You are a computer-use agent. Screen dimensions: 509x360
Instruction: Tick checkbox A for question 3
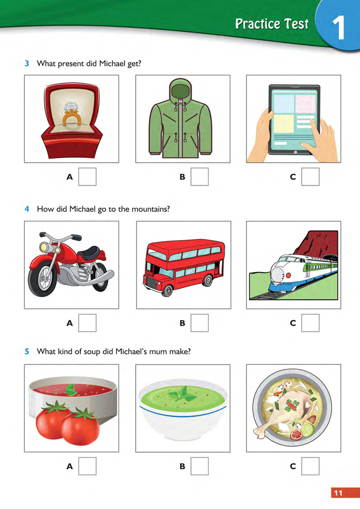click(87, 177)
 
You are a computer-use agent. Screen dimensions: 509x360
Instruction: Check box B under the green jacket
click(199, 177)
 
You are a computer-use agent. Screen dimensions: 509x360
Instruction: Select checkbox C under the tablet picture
click(310, 177)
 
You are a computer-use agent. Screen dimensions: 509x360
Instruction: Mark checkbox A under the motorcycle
click(87, 323)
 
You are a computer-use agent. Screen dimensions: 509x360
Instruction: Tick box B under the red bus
click(199, 323)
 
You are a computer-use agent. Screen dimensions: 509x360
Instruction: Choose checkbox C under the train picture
click(310, 323)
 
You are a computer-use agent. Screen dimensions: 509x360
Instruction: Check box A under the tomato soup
click(87, 466)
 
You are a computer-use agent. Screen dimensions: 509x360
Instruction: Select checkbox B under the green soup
click(199, 466)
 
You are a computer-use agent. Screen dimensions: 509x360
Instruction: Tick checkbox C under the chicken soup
click(310, 466)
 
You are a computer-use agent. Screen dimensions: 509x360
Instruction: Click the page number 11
click(338, 493)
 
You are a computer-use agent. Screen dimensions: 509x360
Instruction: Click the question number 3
click(27, 63)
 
